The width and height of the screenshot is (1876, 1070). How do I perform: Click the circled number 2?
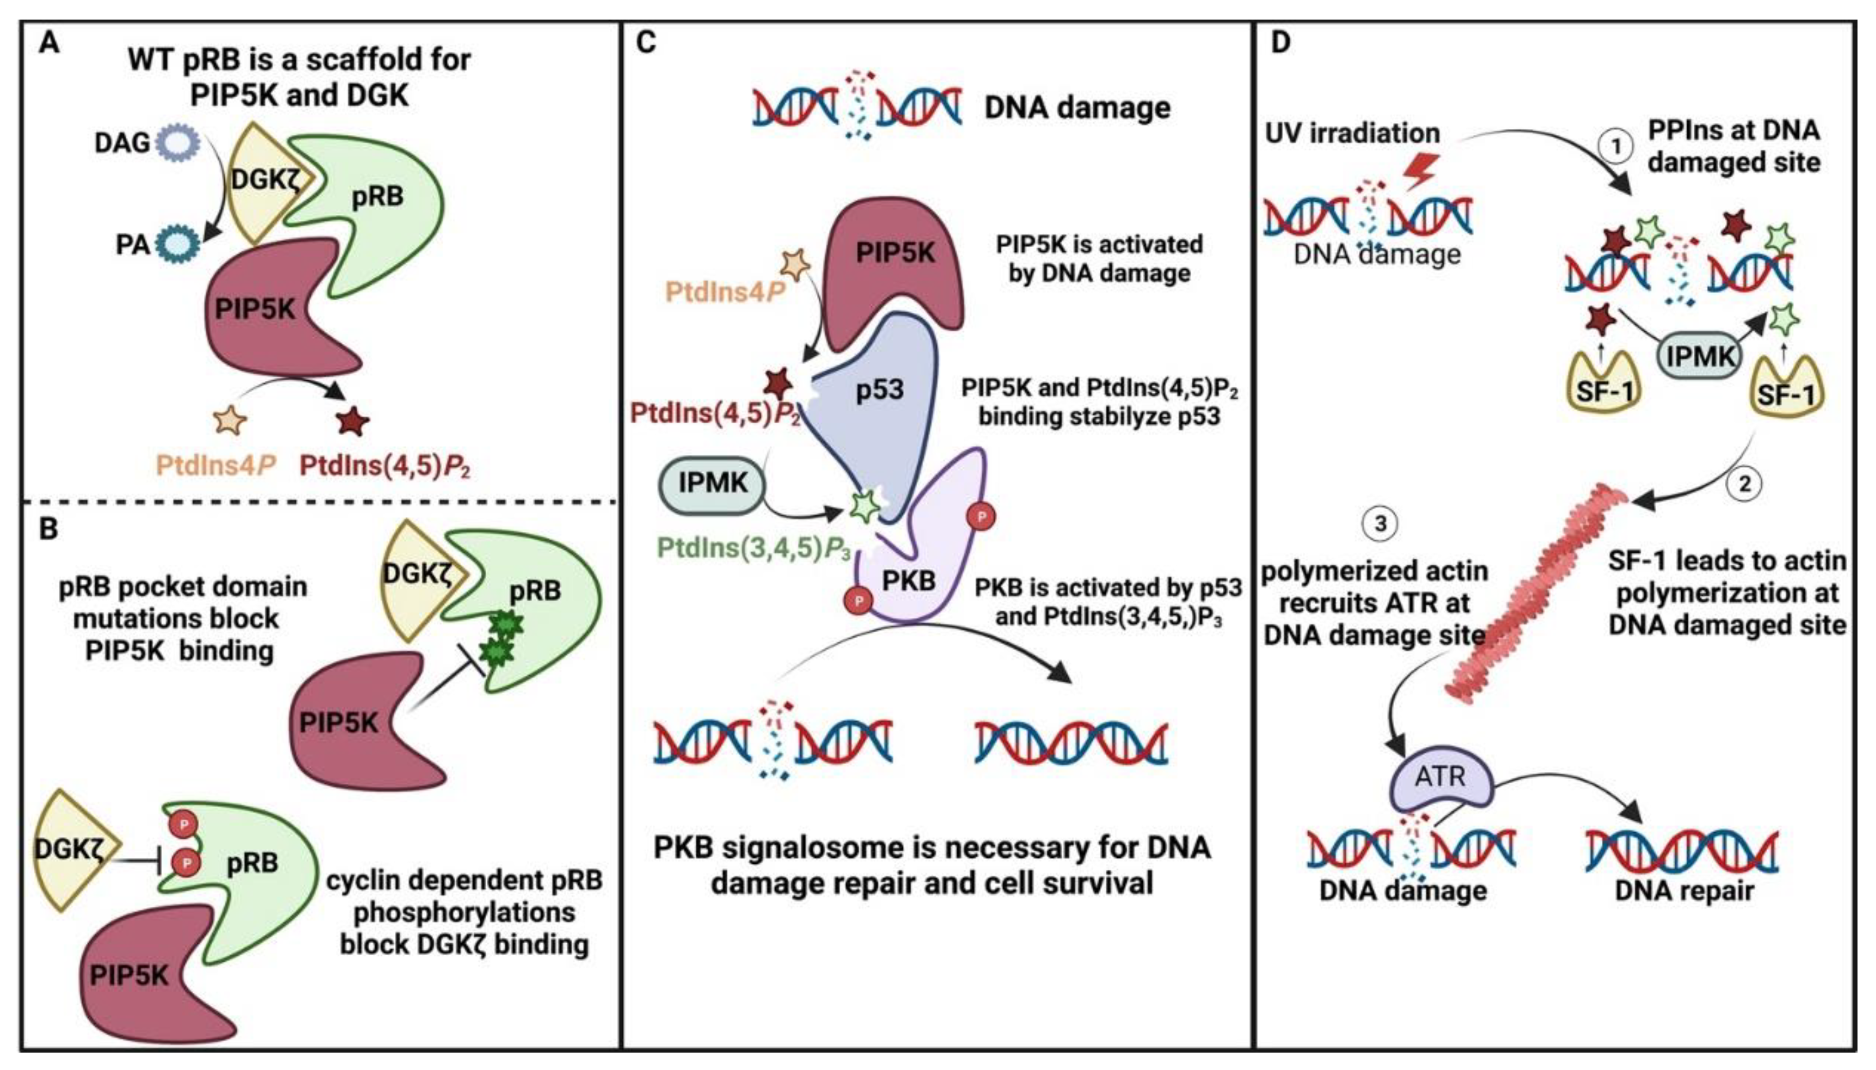coord(1744,484)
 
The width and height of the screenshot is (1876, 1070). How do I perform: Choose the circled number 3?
coord(1379,524)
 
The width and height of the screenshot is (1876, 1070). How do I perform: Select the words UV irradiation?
coord(1352,134)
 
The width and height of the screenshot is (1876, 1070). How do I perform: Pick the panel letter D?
coord(1280,42)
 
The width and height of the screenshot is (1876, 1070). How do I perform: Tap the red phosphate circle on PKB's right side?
coord(982,517)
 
